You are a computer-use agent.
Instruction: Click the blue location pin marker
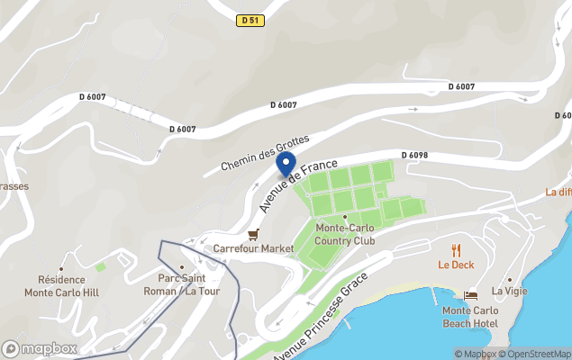[286, 164]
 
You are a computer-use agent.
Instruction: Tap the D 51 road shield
[251, 20]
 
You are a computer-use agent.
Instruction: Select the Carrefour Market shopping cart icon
[254, 234]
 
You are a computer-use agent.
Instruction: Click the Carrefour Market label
[254, 248]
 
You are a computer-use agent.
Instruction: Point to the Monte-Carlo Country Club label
[344, 234]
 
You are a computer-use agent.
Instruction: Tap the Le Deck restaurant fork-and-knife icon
[456, 250]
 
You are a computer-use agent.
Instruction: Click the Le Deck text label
[456, 265]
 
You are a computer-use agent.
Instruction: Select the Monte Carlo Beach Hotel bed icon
[470, 295]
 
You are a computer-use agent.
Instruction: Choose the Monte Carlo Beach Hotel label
[470, 317]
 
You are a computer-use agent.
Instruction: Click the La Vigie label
[510, 292]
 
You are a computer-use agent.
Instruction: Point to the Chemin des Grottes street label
[265, 154]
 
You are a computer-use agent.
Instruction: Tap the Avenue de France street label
[297, 186]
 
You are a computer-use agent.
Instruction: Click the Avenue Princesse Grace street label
[318, 317]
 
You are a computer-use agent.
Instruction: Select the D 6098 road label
[414, 156]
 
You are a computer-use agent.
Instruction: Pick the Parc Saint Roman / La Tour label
[182, 284]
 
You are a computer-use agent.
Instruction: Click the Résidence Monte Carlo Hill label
[62, 286]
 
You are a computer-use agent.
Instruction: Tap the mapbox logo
[40, 348]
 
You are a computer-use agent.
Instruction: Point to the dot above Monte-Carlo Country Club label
[344, 217]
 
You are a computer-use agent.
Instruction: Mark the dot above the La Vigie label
[510, 279]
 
